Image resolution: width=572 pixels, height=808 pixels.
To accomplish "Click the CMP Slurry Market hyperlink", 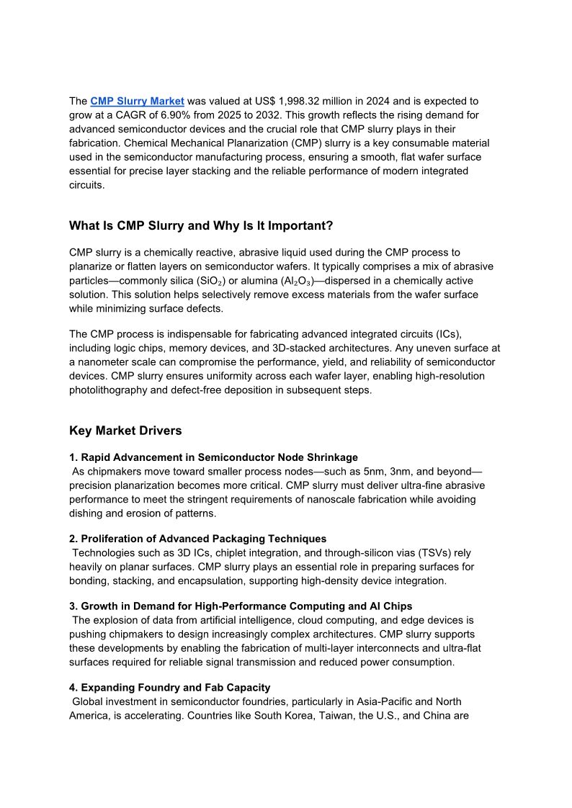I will tap(137, 101).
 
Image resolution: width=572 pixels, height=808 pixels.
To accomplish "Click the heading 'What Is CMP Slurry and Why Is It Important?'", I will tap(201, 226).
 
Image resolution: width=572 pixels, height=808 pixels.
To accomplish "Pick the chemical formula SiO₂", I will tap(211, 281).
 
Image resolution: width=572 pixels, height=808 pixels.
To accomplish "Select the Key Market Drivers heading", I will tap(125, 431).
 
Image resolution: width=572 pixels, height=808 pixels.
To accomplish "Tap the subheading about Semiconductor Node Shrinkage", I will tap(214, 457).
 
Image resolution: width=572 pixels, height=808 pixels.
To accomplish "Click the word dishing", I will tap(87, 513).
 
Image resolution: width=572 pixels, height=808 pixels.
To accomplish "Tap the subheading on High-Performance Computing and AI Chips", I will tap(241, 606).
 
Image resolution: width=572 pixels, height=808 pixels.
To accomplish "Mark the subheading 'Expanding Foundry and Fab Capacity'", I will tap(170, 688).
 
